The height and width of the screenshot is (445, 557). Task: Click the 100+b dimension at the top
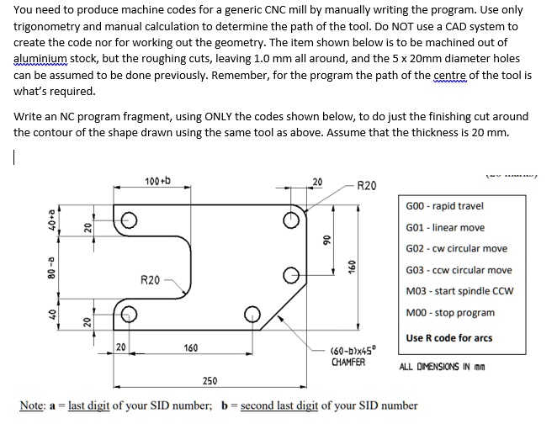(x=157, y=181)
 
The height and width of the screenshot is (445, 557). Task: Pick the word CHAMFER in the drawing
(x=348, y=362)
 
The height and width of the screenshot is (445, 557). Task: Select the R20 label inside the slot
(x=151, y=278)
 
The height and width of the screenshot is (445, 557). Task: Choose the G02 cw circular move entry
(x=457, y=248)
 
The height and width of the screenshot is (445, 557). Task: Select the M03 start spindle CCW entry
(x=459, y=291)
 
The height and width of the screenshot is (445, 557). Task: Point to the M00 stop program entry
(x=450, y=312)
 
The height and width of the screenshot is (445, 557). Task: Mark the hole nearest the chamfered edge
(x=250, y=313)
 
